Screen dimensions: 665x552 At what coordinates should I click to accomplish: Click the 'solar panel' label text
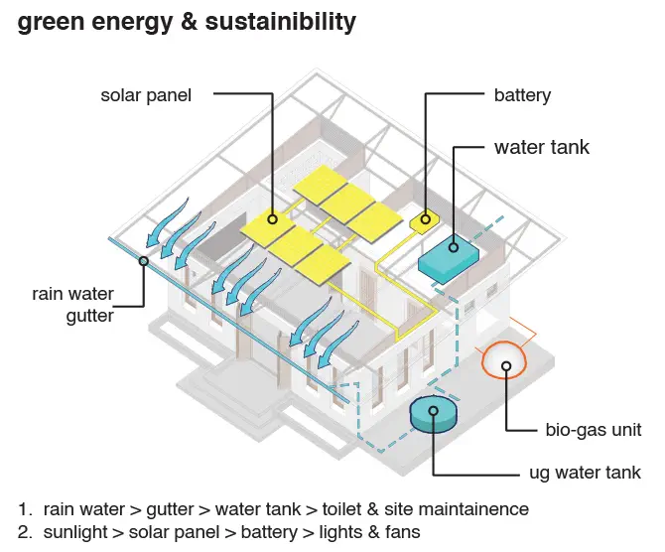(x=146, y=96)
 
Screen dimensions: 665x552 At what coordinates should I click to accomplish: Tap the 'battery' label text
(x=522, y=96)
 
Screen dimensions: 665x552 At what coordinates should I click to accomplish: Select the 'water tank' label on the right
(x=542, y=147)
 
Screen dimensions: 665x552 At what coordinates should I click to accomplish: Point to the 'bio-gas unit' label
(x=594, y=430)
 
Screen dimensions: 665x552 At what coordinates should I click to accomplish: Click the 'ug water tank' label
(x=585, y=474)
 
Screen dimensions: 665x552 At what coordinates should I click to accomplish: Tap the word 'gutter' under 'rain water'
(x=90, y=317)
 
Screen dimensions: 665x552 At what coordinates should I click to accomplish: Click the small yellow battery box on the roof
(x=425, y=220)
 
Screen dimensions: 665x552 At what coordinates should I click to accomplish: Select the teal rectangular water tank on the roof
(x=449, y=259)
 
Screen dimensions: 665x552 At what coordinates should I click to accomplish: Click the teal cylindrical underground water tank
(x=434, y=414)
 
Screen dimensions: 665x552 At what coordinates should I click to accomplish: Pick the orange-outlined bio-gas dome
(x=504, y=360)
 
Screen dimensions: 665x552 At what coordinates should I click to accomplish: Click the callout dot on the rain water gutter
(x=144, y=261)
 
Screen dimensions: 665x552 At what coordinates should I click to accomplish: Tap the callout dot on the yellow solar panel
(x=273, y=219)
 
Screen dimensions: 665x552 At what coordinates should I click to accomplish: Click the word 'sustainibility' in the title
(x=281, y=22)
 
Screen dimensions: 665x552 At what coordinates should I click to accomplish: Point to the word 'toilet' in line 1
(x=341, y=509)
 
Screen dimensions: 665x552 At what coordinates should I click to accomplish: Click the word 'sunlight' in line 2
(x=75, y=533)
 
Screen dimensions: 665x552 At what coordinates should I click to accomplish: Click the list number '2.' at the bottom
(x=25, y=532)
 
